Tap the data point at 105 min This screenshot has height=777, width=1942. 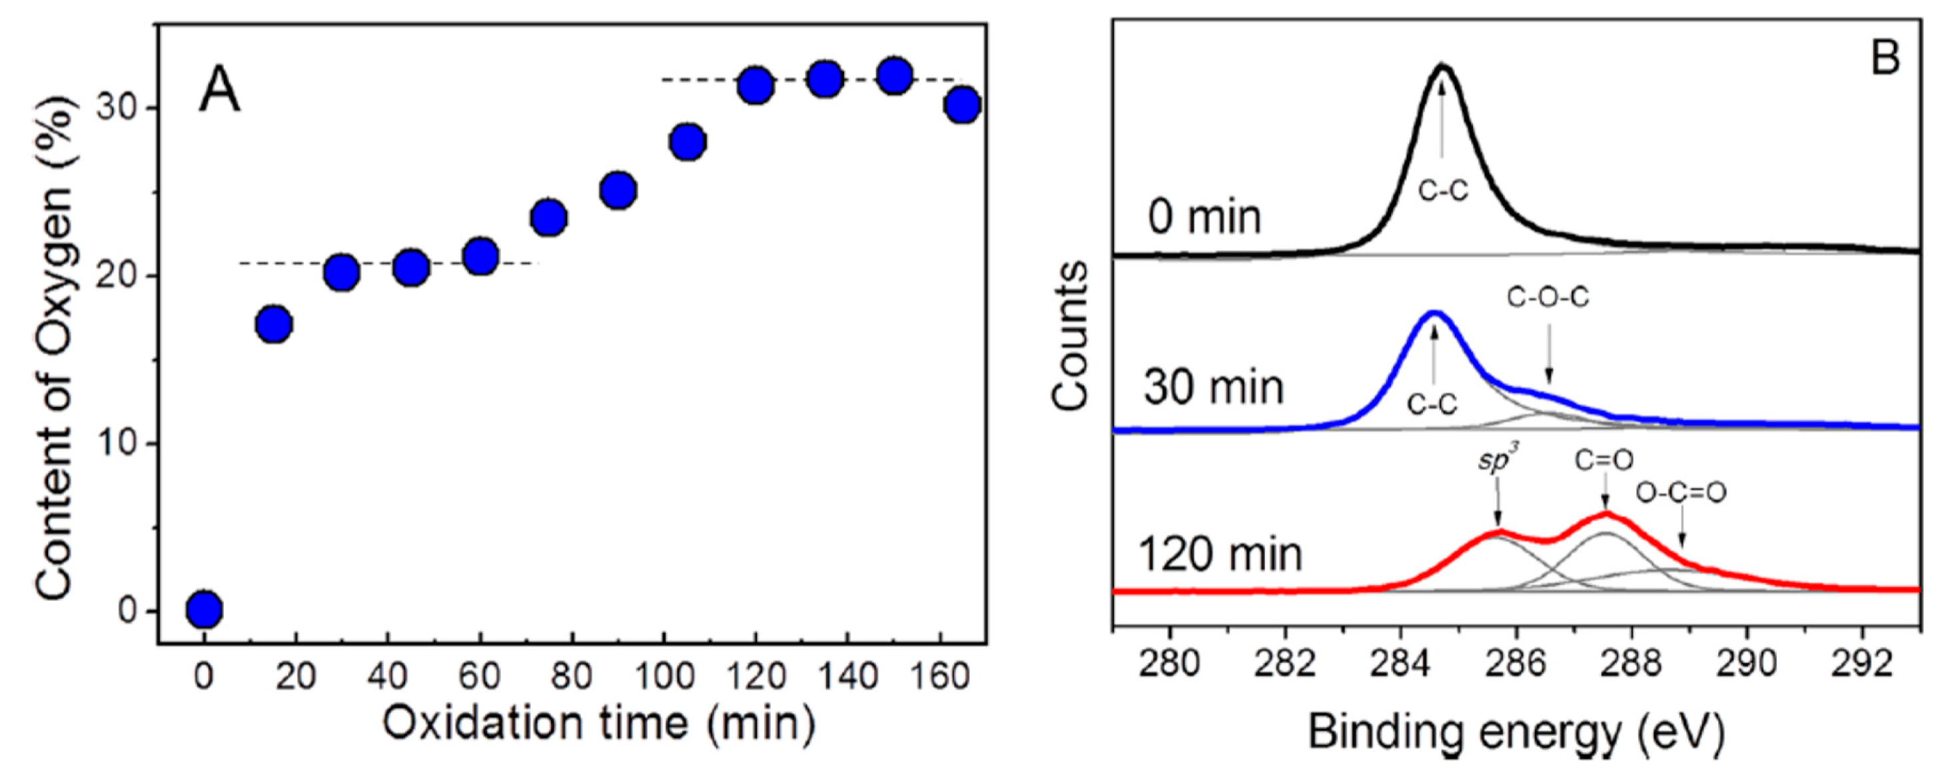pos(688,141)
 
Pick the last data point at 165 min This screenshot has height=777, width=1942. pos(963,105)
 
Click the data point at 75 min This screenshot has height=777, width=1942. pos(549,218)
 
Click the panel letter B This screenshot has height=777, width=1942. pos(1885,57)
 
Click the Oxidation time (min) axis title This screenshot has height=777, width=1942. pos(600,725)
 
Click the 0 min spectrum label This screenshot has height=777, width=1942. pos(1204,218)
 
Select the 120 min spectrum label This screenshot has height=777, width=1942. pos(1220,555)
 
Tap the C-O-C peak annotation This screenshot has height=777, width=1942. pos(1547,298)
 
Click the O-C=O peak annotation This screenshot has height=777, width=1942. pos(1680,493)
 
